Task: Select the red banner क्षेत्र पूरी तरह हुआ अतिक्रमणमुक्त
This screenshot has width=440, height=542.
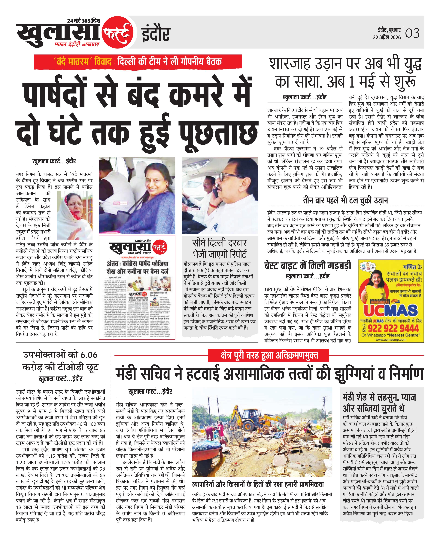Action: point(268,355)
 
